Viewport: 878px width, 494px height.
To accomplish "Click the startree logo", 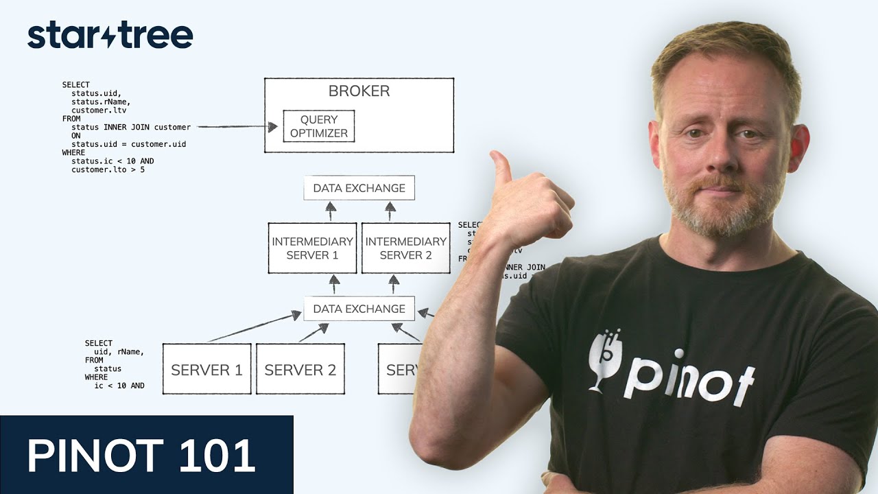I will coord(110,36).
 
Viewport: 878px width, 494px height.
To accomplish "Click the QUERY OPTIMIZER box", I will coord(319,126).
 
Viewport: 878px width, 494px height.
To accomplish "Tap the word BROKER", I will coord(359,91).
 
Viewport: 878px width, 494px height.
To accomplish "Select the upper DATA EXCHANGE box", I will coord(359,188).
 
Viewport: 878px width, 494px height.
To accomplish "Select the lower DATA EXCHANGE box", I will coord(359,309).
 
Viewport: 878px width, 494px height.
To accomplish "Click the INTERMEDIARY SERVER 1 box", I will coord(312,248).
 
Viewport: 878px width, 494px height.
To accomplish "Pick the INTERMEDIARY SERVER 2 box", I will coord(405,248).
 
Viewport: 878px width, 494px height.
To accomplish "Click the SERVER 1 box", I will coord(206,369).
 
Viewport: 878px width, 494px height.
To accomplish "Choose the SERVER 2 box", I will coord(300,369).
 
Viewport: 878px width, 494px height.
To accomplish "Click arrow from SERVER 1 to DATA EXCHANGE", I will coord(254,327).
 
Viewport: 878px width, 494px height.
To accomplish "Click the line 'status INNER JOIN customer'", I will coord(130,127).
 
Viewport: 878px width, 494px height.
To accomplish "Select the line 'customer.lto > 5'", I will coord(108,169).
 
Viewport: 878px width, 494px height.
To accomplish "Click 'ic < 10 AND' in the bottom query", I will coord(119,386).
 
